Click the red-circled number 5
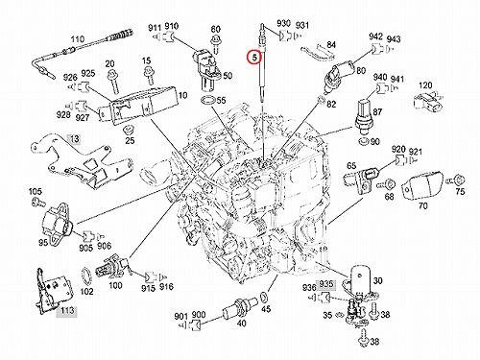(254, 58)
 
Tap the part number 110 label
(78, 39)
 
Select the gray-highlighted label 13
(74, 139)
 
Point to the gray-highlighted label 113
(66, 310)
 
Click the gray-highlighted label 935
(326, 284)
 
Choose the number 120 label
(425, 85)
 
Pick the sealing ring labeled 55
(208, 100)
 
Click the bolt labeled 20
(113, 83)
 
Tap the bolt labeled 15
(148, 76)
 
